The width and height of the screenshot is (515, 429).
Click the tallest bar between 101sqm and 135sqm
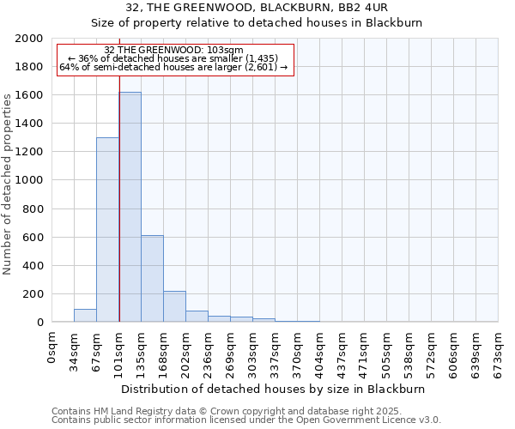point(130,207)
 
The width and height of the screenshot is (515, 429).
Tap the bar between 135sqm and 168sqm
point(152,279)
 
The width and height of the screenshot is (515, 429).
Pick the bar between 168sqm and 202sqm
point(174,306)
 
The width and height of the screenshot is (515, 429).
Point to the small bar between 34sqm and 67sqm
point(85,316)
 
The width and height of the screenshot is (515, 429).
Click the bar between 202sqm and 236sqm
point(197,317)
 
